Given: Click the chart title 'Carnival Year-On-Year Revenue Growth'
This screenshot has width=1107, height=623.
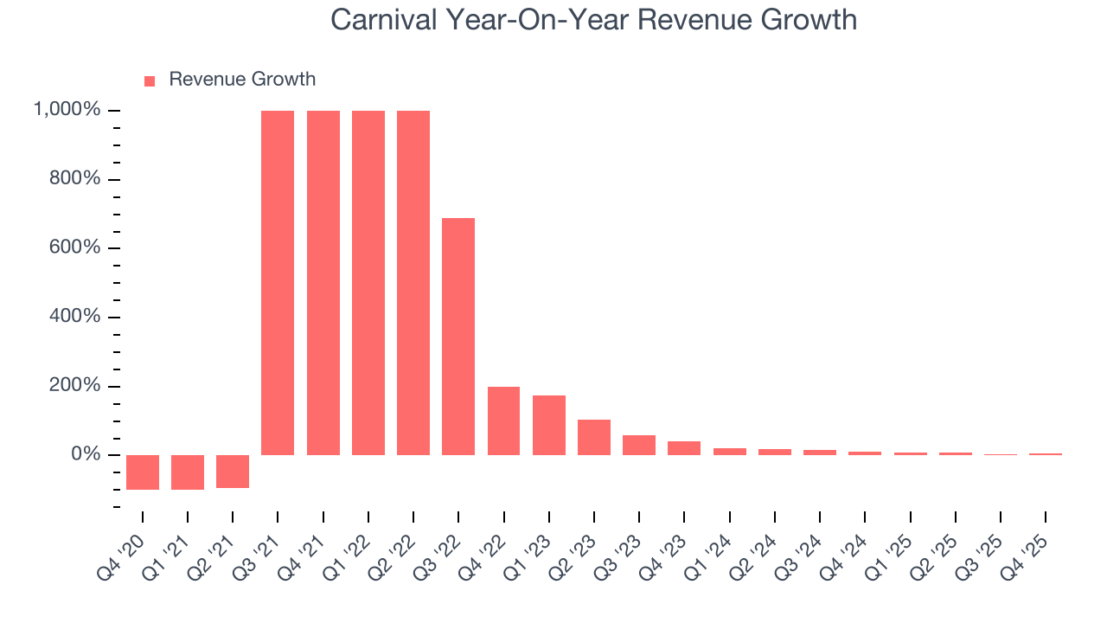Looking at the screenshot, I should [x=593, y=20].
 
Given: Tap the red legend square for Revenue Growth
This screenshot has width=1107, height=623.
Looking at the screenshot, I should [x=150, y=80].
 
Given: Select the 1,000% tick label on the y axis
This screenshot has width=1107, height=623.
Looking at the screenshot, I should [x=67, y=110].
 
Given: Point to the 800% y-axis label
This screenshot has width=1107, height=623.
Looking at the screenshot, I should [x=75, y=179].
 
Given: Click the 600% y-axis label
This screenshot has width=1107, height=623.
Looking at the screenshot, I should [x=75, y=247].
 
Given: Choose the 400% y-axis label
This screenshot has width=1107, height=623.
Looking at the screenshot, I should [x=75, y=317].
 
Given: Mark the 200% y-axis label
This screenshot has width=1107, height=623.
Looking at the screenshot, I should [x=75, y=386].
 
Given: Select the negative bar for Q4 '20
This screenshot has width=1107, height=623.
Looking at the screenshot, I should [x=143, y=472].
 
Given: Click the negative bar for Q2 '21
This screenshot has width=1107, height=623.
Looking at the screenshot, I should [x=233, y=472].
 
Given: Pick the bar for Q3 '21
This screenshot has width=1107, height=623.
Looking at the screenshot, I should [x=278, y=283].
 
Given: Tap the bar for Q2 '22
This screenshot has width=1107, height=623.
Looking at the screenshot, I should [x=413, y=283].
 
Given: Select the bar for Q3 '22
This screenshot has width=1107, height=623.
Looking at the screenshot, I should [x=458, y=337].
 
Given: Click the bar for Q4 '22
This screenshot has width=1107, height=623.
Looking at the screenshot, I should [x=503, y=421].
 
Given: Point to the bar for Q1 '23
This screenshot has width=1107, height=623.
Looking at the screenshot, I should [x=549, y=425].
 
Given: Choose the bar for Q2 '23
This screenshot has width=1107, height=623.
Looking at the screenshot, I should [x=594, y=437].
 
